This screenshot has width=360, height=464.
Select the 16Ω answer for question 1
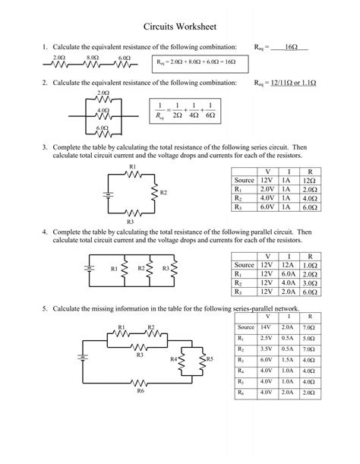point(289,47)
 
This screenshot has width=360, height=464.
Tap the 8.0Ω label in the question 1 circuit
point(93,58)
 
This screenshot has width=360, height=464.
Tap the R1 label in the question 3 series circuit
point(133,166)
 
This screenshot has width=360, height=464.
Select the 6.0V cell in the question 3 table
point(267,206)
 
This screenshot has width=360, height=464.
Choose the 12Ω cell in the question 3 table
point(309,181)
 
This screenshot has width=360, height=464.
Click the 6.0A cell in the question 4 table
point(288,273)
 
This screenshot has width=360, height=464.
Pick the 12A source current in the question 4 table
point(288,264)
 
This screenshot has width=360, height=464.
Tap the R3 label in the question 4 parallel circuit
point(166,268)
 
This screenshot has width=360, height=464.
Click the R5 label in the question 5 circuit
point(210,358)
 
